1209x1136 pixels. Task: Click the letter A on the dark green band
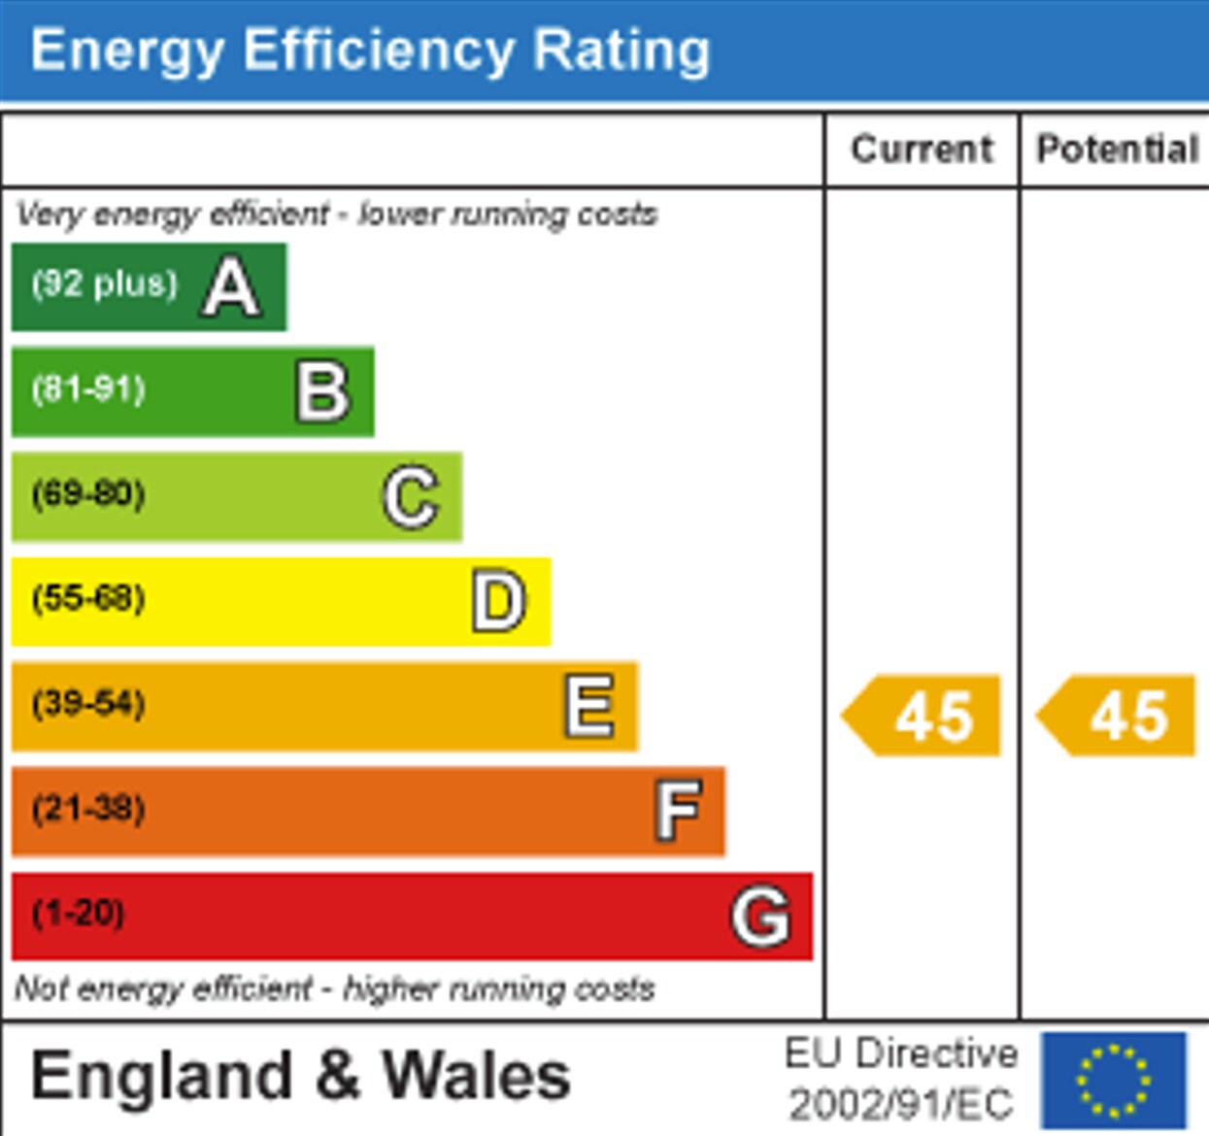231,287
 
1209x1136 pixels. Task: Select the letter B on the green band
322,392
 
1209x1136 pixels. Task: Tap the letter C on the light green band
411,497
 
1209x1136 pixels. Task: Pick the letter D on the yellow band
499,602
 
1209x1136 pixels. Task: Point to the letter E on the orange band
589,706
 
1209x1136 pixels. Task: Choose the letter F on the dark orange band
678,811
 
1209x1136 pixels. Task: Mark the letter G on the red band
760,916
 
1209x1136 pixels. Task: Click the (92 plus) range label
105,284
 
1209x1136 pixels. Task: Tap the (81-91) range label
88,389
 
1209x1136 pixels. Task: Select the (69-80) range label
88,494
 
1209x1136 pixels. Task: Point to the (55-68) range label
88,598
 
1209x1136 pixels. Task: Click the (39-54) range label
88,703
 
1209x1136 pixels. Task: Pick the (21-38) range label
88,808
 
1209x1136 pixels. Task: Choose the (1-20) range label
78,913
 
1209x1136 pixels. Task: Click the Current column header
922,150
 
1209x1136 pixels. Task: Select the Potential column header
1117,150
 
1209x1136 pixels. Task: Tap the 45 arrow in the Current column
923,716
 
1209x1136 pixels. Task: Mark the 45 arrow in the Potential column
1119,716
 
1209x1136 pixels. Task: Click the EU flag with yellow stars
1114,1080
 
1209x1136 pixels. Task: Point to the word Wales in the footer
476,1076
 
